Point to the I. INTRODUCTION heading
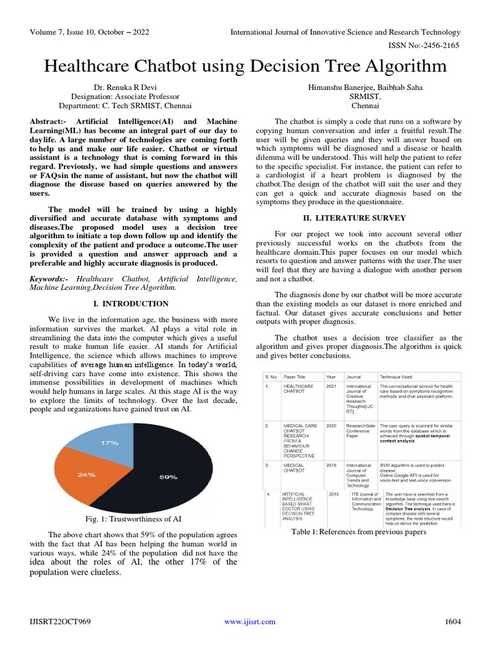(131, 303)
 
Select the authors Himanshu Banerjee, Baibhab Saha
(357, 86)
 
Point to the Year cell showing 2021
(331, 386)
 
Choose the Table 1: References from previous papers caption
(358, 532)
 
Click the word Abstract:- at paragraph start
(52, 121)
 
